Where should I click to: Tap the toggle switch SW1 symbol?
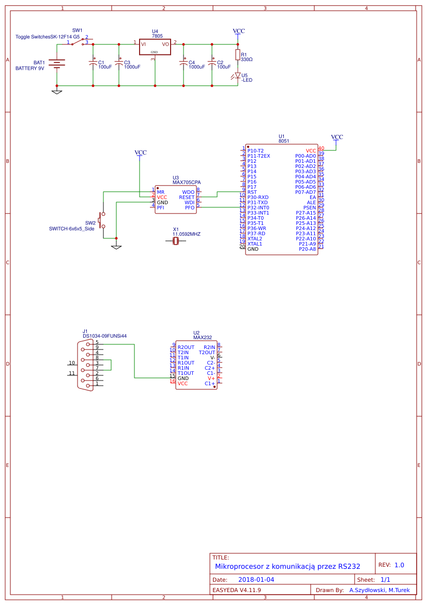coord(79,42)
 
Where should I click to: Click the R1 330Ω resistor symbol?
coord(238,55)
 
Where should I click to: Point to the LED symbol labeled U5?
coord(238,75)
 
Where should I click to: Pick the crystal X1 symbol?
coord(176,240)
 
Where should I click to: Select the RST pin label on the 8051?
coord(252,192)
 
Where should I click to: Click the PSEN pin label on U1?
coord(309,208)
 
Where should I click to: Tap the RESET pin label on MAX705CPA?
coord(187,197)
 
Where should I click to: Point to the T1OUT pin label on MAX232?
coord(186,373)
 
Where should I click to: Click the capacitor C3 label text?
coord(127,62)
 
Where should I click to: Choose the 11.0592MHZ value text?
coord(186,234)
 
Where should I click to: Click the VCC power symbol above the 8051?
coord(337,138)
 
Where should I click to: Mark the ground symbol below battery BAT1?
coord(57,92)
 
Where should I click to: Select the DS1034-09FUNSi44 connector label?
coord(104,336)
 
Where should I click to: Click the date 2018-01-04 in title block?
coord(256,580)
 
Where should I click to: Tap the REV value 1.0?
coord(399,565)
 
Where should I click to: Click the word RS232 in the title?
coord(349,566)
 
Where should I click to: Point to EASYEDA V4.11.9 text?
coord(237,589)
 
